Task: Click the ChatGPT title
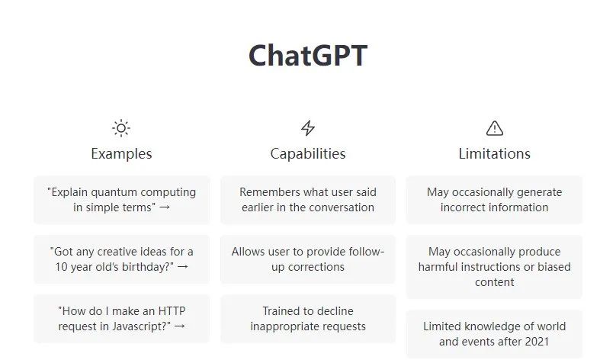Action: point(308,56)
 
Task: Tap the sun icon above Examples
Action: point(121,128)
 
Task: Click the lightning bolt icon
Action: point(308,128)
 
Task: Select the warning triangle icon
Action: point(495,128)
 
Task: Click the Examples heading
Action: point(121,153)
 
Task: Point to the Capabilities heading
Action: point(308,153)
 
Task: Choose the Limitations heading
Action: point(495,153)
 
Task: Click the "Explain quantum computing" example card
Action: point(121,200)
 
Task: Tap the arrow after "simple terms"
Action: point(165,207)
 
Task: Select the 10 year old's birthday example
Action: point(121,259)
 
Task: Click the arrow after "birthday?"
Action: point(183,267)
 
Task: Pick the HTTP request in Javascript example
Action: point(121,319)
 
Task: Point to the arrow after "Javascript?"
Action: point(179,326)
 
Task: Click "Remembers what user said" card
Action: point(308,200)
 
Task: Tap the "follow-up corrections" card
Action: point(308,259)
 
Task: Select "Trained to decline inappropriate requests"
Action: point(308,319)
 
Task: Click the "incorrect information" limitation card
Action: point(494,200)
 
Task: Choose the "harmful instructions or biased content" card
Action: point(494,267)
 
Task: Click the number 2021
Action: point(537,342)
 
